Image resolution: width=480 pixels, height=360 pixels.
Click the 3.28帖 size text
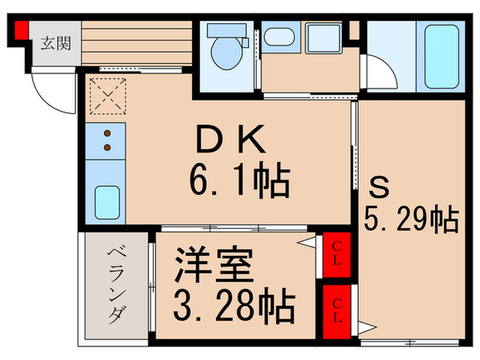(233, 302)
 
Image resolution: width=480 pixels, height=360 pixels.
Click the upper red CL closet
(337, 256)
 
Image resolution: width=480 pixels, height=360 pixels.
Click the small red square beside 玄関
(21, 30)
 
